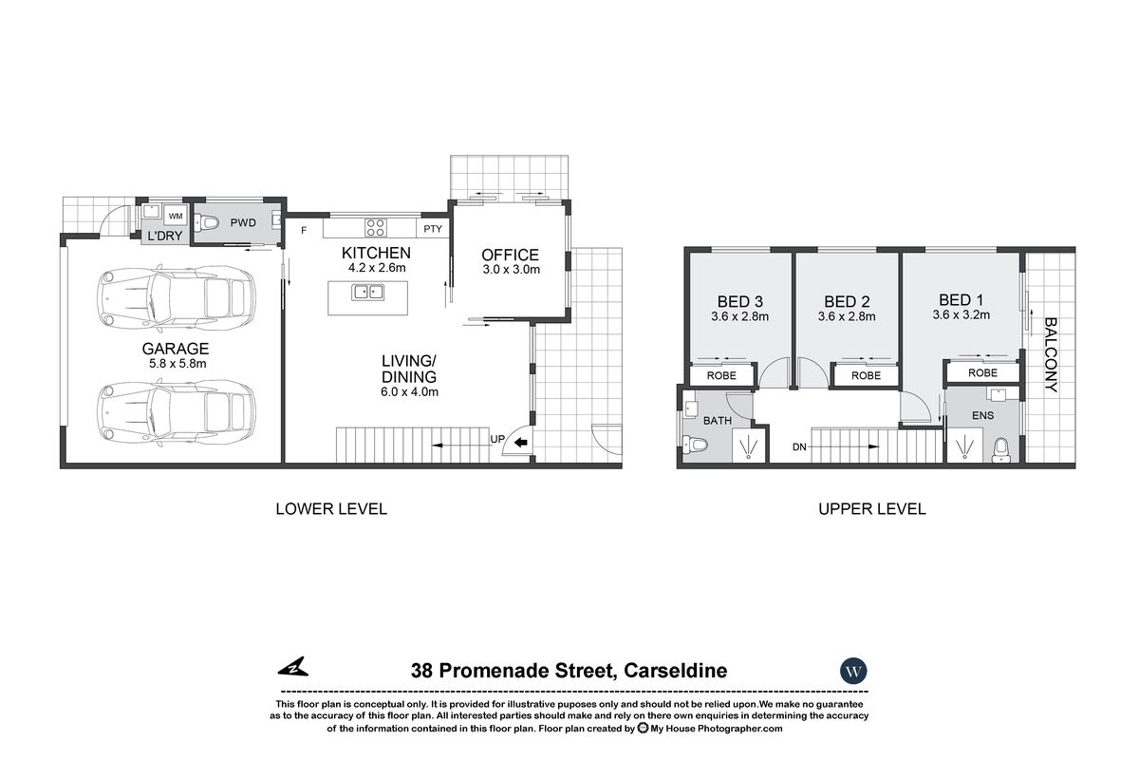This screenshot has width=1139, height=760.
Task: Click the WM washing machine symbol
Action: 176,216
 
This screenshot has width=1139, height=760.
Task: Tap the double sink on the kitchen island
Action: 367,292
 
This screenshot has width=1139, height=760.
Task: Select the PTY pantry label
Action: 433,229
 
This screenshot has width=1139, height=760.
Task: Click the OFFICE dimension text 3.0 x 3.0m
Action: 510,270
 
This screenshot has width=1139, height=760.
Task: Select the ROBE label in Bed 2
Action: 866,376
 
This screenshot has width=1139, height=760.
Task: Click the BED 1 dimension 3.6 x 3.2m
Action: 961,314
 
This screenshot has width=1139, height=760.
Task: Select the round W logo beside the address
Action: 853,671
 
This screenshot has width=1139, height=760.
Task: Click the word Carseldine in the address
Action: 675,671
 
